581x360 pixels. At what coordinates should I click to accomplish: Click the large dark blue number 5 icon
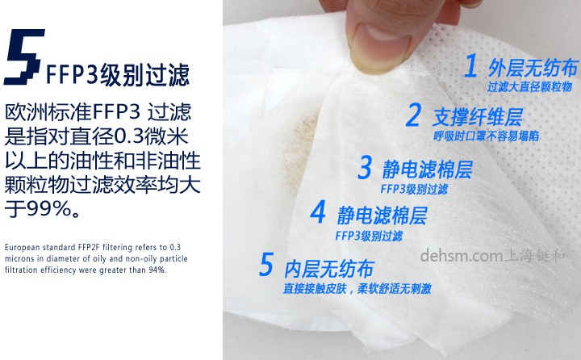pyautogui.click(x=23, y=58)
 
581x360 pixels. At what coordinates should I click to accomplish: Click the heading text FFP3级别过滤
pyautogui.click(x=118, y=75)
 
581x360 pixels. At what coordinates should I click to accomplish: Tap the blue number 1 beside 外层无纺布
pyautogui.click(x=470, y=65)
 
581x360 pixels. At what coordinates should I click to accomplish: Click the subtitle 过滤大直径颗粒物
pyautogui.click(x=529, y=86)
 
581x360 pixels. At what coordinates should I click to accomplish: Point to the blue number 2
pyautogui.click(x=413, y=115)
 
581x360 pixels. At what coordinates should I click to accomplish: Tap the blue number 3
pyautogui.click(x=365, y=169)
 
